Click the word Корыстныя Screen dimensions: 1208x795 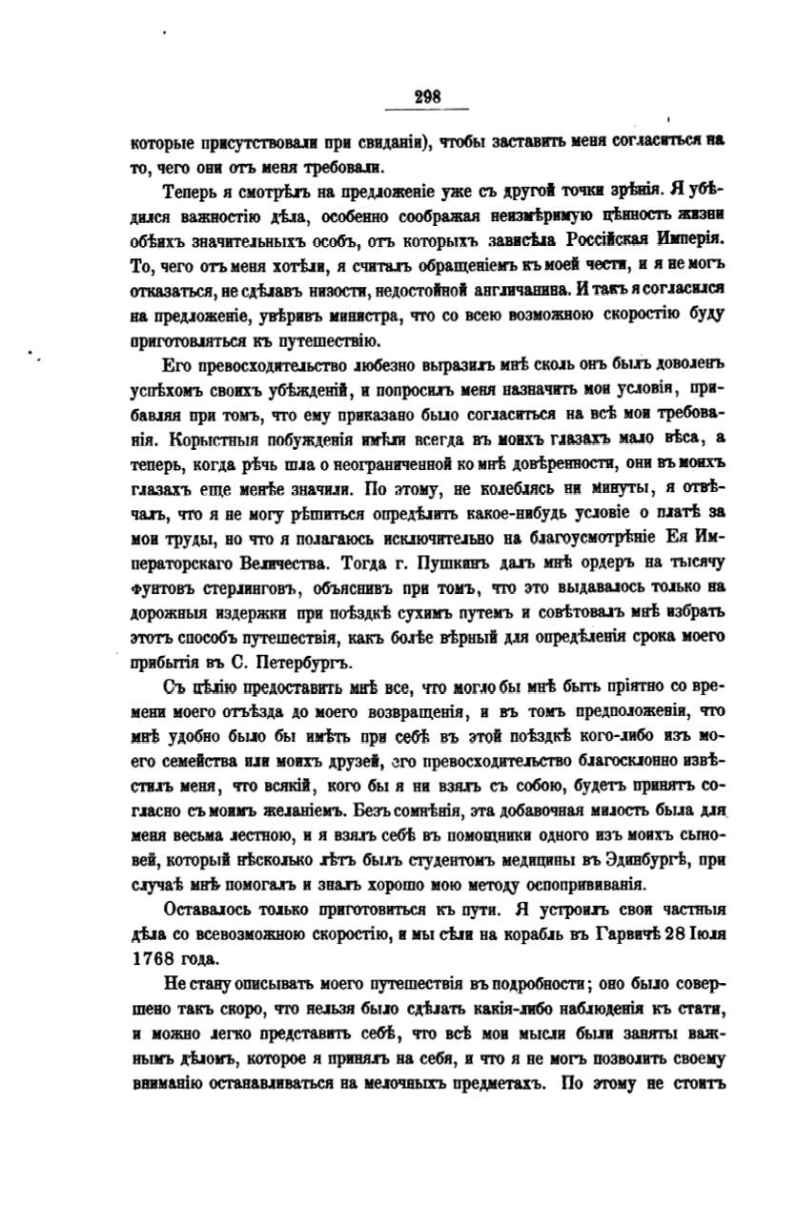point(206,441)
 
